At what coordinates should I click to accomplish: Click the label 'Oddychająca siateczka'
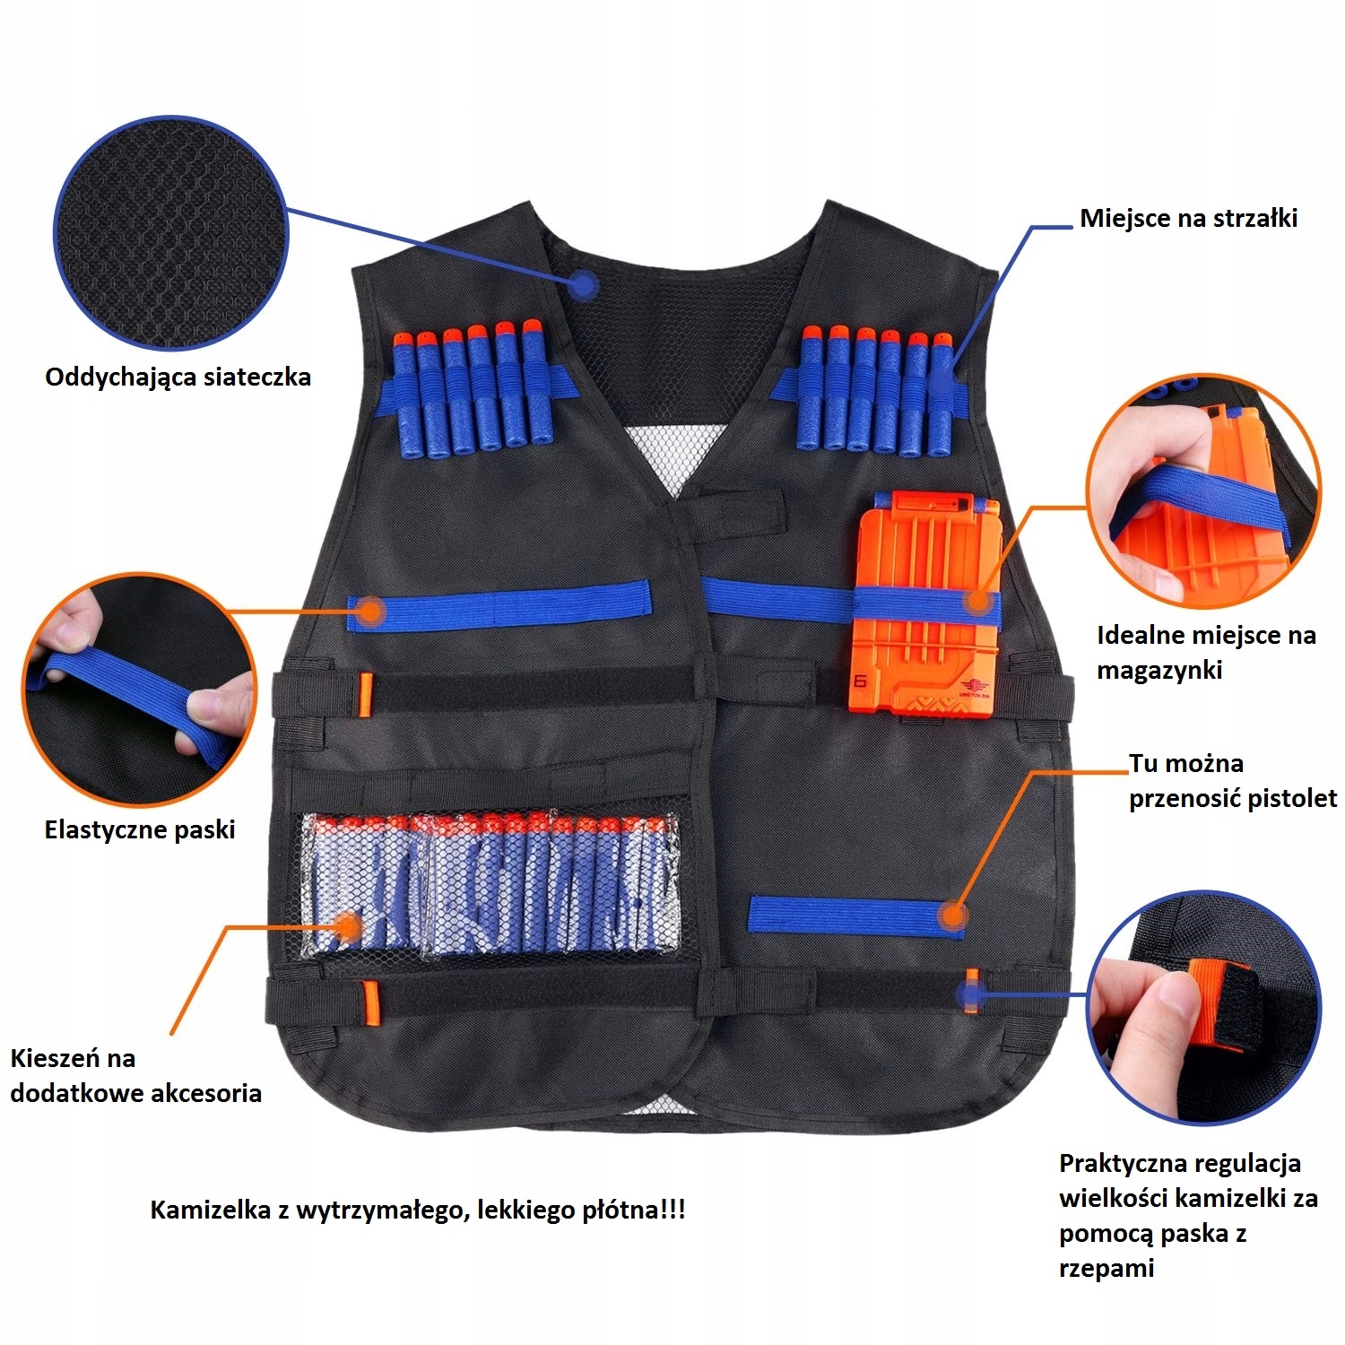point(178,377)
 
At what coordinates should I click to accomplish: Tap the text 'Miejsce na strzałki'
point(1188,218)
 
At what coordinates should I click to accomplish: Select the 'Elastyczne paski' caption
point(140,829)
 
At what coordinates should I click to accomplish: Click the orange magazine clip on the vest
point(924,605)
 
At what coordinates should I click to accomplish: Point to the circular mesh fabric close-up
point(171,233)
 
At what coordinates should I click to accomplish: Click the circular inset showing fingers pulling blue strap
point(140,689)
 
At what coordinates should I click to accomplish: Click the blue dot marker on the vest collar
point(584,286)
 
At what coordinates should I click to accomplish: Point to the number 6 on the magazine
point(861,681)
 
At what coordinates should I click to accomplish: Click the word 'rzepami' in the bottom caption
point(1106,1268)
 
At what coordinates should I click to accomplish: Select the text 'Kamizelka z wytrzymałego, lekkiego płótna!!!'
point(417,1210)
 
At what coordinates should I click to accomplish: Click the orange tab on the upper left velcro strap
point(365,694)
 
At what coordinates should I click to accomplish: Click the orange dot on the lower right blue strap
point(951,916)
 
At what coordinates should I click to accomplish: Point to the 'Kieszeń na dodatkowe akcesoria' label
point(135,1075)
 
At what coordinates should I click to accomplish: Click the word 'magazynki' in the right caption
point(1159,670)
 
